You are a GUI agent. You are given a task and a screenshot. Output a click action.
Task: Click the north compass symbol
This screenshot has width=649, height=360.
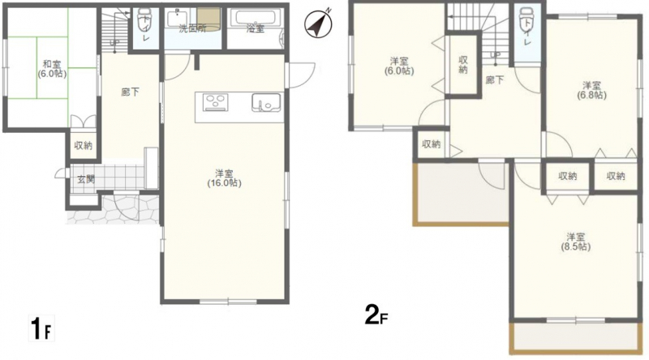[318, 24]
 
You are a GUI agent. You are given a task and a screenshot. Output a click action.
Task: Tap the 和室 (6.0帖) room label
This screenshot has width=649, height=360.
[52, 69]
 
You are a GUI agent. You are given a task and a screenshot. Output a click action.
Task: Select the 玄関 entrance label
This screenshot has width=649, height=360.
[86, 179]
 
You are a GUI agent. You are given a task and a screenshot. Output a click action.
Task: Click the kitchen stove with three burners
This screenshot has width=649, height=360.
[215, 103]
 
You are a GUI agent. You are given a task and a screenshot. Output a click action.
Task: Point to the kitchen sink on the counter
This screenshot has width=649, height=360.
[266, 103]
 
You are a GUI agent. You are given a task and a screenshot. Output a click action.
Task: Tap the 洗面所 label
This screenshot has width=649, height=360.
[192, 28]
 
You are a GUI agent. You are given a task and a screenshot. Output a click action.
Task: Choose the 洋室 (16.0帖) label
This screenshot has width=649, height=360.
[225, 178]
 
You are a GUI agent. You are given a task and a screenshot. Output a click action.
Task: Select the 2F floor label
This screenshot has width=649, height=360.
[376, 315]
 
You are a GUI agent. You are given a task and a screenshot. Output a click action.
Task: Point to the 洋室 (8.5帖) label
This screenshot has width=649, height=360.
[576, 242]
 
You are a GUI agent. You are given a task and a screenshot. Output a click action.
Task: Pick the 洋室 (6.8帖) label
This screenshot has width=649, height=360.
[592, 90]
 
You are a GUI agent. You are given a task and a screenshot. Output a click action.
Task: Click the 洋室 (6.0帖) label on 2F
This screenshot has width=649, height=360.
[399, 66]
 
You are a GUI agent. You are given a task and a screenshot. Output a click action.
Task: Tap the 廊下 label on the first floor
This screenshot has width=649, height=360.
[131, 92]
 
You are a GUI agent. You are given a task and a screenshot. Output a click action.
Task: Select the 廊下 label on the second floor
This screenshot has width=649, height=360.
[495, 79]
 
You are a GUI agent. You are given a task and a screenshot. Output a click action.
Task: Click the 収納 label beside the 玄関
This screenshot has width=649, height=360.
[84, 145]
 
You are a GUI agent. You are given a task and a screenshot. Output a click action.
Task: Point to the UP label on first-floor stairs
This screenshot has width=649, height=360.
[114, 42]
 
